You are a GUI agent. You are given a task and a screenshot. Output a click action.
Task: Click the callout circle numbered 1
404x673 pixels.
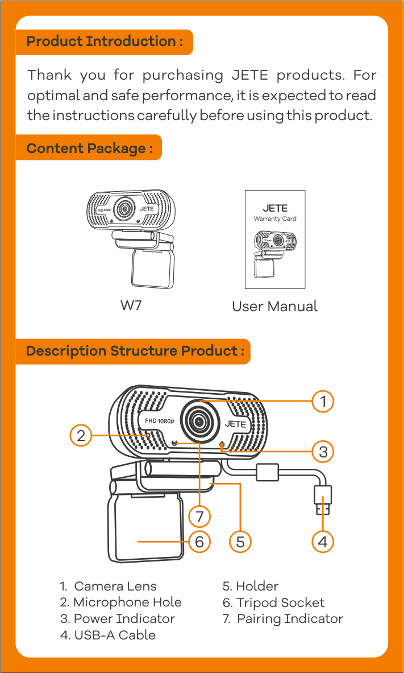tap(323, 402)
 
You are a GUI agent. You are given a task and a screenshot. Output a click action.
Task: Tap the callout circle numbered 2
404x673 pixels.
tap(81, 436)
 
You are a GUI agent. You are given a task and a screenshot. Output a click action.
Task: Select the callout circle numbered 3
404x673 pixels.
tap(323, 452)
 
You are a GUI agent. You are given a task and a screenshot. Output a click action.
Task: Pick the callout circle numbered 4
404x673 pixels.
tap(323, 542)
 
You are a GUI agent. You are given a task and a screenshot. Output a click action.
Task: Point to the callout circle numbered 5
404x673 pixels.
tap(240, 542)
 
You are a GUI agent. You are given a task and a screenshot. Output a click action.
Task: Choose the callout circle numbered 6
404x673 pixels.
tap(199, 542)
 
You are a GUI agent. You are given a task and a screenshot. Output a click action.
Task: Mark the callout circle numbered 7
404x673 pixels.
tap(199, 517)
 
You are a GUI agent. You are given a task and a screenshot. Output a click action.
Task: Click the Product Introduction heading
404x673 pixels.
tap(105, 42)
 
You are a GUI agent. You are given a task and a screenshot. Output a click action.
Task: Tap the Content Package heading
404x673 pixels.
tap(89, 148)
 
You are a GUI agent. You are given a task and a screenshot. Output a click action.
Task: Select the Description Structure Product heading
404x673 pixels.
tap(135, 351)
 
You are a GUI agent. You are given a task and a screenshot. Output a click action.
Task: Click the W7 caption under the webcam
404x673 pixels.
tap(131, 305)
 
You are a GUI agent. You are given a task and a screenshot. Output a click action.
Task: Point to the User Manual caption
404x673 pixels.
tap(274, 307)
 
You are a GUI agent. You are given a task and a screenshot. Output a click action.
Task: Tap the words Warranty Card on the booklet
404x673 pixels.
tap(275, 218)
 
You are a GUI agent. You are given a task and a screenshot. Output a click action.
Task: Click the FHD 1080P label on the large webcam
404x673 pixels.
tap(159, 421)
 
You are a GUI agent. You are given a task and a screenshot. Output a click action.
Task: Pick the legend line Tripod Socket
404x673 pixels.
tap(273, 602)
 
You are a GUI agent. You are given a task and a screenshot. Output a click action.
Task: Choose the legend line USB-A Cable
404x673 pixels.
tap(108, 635)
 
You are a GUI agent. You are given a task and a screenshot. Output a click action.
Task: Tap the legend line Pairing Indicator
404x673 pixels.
tap(283, 618)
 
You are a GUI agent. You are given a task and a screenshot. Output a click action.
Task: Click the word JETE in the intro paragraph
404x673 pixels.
tap(245, 75)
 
